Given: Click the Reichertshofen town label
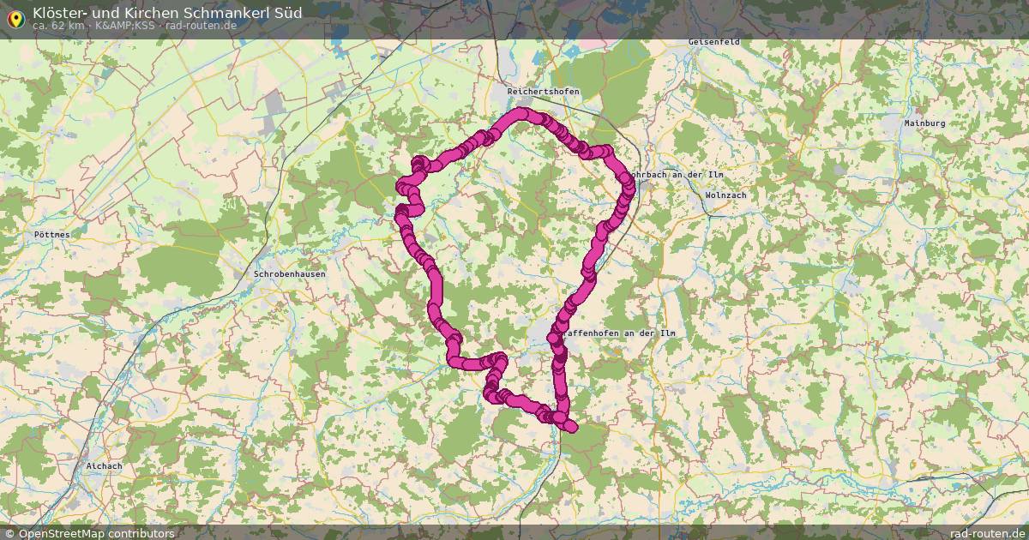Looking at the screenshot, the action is tap(543, 92).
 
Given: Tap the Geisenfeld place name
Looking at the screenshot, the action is tap(714, 42).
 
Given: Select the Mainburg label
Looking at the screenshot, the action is tap(924, 123).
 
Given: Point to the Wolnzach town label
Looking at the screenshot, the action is tap(725, 195).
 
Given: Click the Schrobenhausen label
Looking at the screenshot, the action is tap(290, 274).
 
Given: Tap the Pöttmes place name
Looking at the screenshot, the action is tap(52, 234).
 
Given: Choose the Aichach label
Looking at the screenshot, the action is tap(104, 466).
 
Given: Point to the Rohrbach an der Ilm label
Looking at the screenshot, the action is tap(677, 175).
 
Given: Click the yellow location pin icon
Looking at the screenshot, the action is tap(15, 16).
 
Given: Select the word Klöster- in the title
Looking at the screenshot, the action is tap(62, 12).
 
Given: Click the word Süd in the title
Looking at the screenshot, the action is tap(286, 12).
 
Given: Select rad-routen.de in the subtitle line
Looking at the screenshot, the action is tap(202, 26).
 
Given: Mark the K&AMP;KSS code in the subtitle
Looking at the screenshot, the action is tap(124, 26).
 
